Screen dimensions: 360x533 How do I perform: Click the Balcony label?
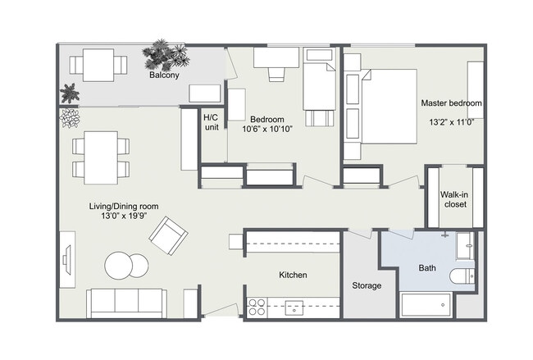click(164, 75)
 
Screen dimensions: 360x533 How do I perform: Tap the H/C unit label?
click(211, 122)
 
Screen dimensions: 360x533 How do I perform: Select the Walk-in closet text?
click(453, 199)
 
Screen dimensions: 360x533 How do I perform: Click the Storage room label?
click(367, 285)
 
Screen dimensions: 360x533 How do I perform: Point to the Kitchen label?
click(293, 276)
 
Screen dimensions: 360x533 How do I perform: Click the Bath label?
click(427, 268)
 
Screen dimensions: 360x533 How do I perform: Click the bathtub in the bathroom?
click(426, 304)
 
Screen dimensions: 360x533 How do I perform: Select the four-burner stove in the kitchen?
click(256, 308)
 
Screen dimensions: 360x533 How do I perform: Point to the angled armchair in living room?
click(168, 235)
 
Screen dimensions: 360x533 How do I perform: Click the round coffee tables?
click(127, 266)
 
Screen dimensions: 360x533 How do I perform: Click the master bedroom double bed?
click(388, 106)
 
